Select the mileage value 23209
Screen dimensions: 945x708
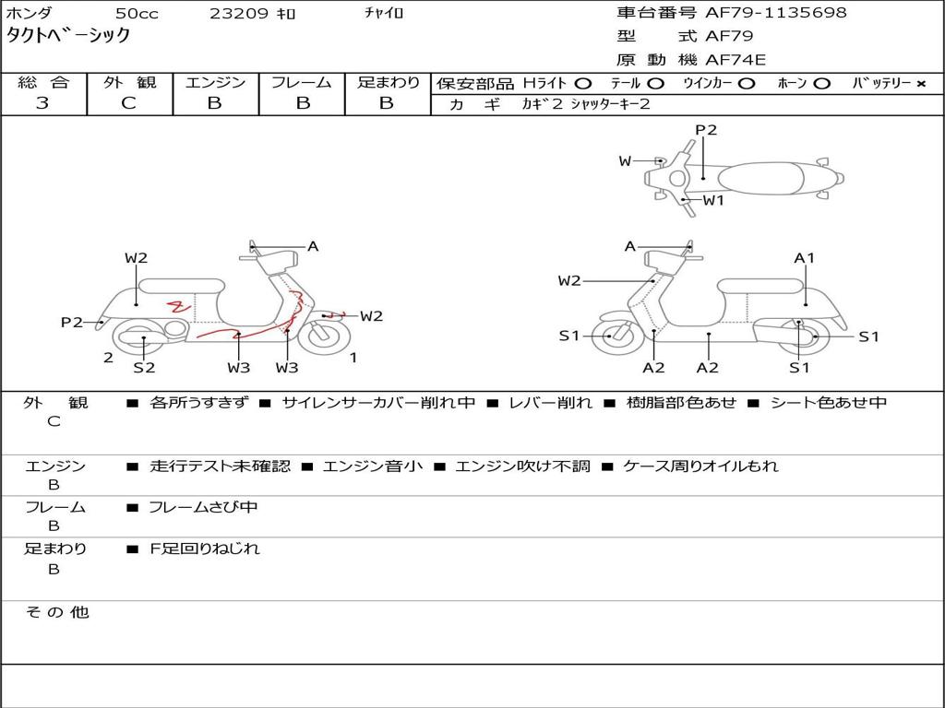coord(238,14)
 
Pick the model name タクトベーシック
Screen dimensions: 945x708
coord(68,36)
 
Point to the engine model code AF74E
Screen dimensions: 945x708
coord(736,61)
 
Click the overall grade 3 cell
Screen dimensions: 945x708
coord(42,103)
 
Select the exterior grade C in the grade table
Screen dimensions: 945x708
coord(128,103)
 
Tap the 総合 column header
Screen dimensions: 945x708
coord(42,83)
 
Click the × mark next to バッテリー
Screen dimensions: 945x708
coord(920,84)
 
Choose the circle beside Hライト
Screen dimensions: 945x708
coord(583,84)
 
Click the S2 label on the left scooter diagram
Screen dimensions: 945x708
coord(144,368)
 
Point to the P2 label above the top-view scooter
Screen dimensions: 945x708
coord(706,130)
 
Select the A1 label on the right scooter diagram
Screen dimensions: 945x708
coord(805,258)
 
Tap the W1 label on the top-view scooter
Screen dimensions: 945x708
coord(713,200)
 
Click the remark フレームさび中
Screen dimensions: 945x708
coord(203,507)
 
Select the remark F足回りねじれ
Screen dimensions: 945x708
coord(205,549)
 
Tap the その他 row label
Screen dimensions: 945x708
coord(56,612)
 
